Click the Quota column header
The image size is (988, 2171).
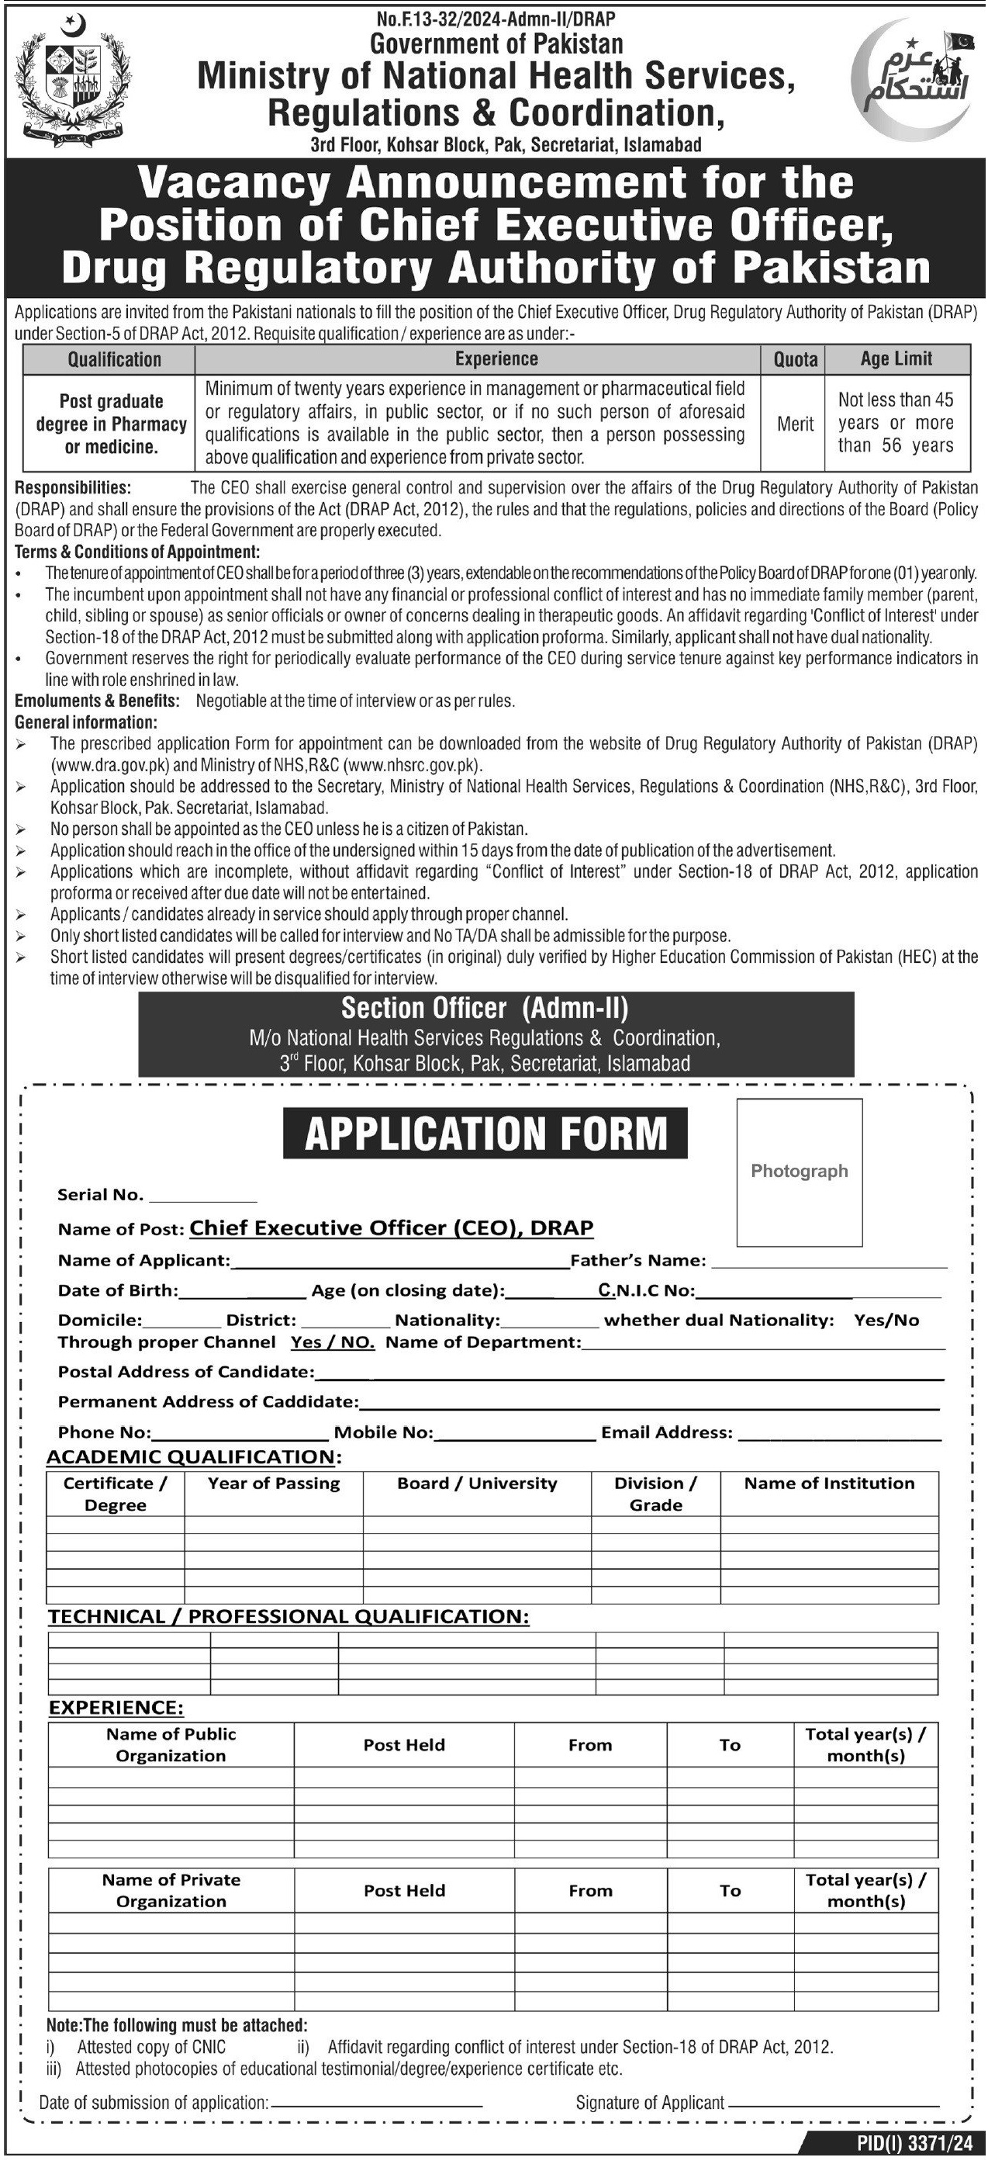(794, 360)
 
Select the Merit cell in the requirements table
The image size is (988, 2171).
(794, 424)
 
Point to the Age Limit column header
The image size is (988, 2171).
(896, 359)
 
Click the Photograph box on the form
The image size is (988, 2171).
(799, 1172)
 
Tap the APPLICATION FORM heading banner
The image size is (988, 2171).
(485, 1133)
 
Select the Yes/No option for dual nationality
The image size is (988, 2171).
(886, 1321)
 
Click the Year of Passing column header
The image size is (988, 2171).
(274, 1484)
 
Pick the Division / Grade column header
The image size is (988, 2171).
(655, 1494)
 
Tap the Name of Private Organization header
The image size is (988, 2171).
(171, 1890)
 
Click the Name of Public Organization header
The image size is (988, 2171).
(171, 1744)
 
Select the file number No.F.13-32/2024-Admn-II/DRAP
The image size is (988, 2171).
(496, 18)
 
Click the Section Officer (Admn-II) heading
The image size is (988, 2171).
(485, 1008)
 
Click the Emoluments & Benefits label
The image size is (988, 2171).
(97, 701)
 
